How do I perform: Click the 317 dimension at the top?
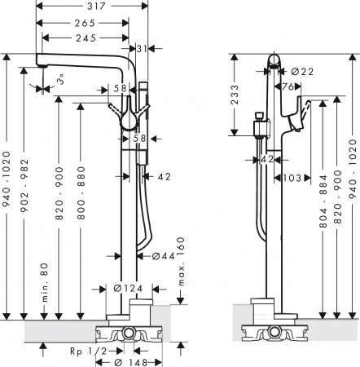point(94,6)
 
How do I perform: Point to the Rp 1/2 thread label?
point(86,350)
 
